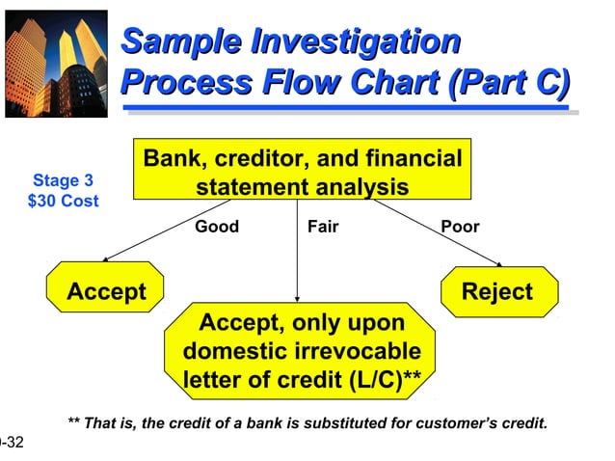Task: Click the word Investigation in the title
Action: tap(354, 41)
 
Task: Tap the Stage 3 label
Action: tap(63, 180)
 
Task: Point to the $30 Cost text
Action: tap(63, 202)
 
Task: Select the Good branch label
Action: tap(217, 228)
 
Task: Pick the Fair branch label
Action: tap(322, 228)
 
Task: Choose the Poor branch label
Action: tap(460, 228)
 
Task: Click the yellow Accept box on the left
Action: tap(106, 291)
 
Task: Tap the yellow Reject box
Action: tap(497, 291)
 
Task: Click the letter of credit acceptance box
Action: tap(302, 350)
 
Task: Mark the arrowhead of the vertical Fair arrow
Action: tap(297, 297)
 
